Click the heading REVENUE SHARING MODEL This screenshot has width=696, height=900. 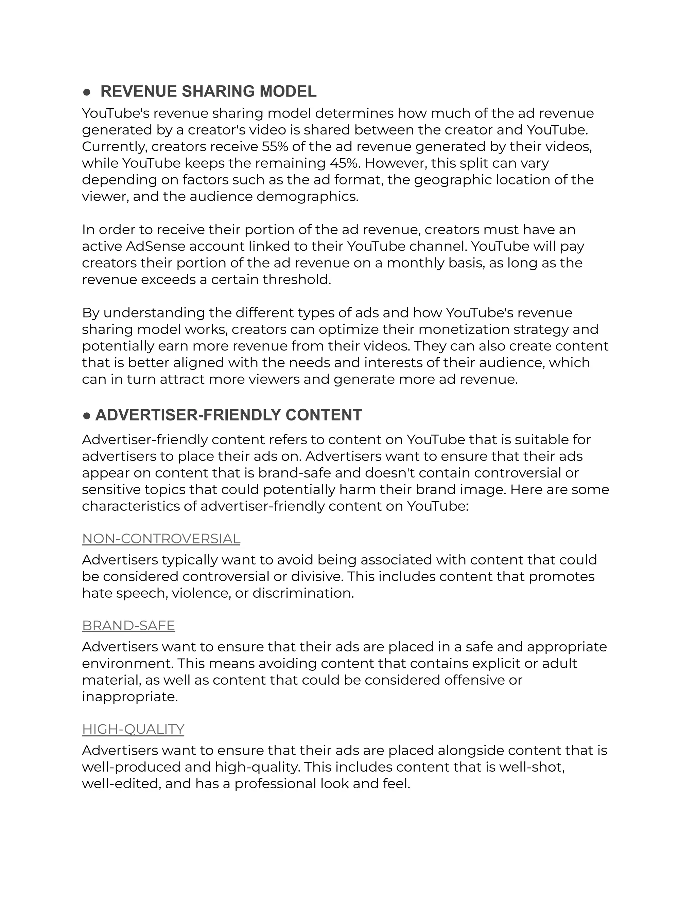tap(208, 91)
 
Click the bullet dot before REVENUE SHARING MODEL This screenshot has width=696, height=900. tap(87, 92)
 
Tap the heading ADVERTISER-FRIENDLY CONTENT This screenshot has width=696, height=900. tap(228, 415)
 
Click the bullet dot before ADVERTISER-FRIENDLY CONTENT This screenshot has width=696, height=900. tap(87, 416)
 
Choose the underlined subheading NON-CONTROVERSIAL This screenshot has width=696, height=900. tap(161, 539)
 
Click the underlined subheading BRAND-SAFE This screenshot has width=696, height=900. tap(128, 626)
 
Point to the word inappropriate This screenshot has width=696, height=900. tap(129, 697)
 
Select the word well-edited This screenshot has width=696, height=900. tap(120, 784)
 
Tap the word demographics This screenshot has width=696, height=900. tap(307, 197)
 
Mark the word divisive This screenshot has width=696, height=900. tap(317, 577)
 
